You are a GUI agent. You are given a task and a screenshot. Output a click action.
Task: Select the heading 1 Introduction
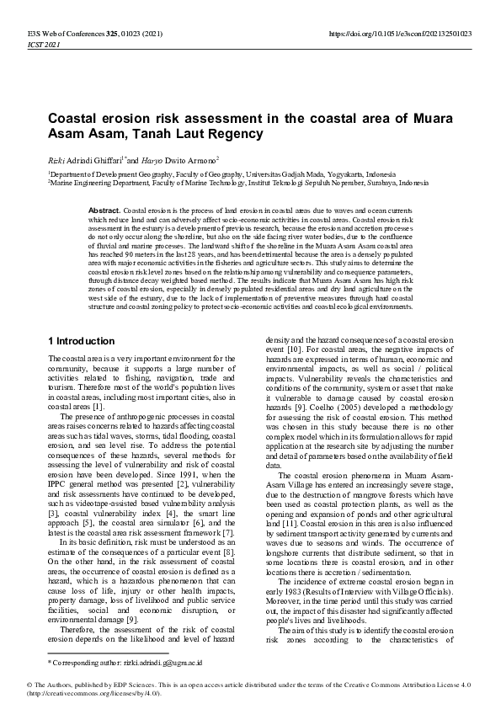(x=82, y=341)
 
